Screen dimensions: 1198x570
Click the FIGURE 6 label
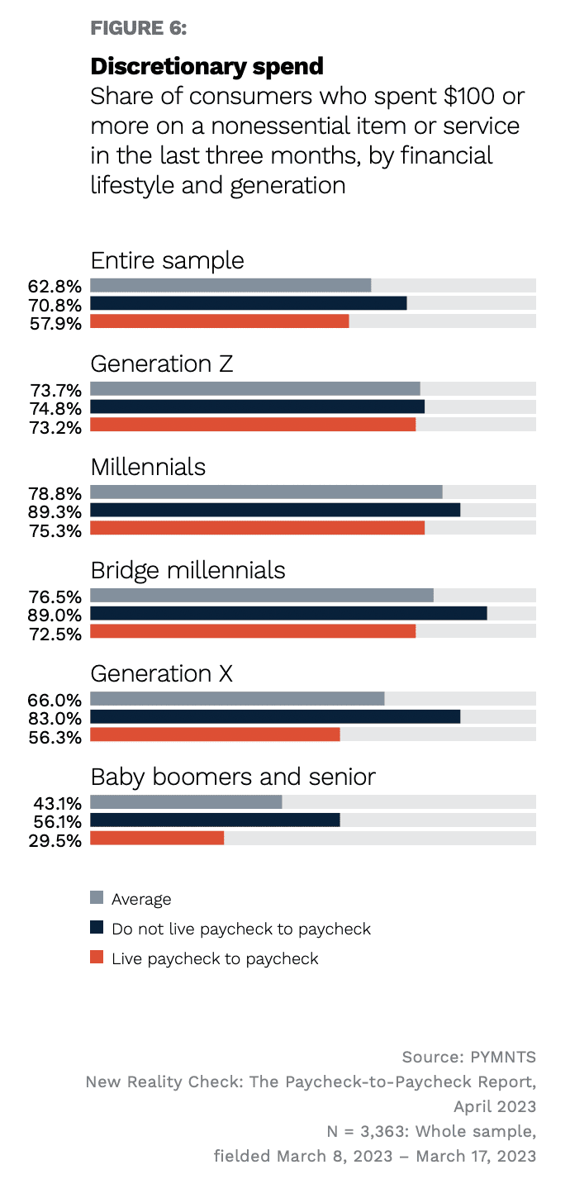click(x=139, y=28)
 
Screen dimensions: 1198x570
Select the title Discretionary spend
click(x=207, y=66)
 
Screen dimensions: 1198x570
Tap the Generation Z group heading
click(x=161, y=364)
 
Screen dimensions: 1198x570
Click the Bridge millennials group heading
click(x=188, y=570)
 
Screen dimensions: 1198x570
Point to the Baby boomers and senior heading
click(x=233, y=777)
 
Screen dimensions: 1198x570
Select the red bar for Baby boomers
click(x=157, y=838)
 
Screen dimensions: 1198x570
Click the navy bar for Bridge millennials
click(x=288, y=613)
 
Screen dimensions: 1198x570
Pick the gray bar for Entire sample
click(x=230, y=285)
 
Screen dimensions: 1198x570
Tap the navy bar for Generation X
click(x=275, y=716)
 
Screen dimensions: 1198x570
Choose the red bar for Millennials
click(x=257, y=528)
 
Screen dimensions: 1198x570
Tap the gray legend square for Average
click(x=97, y=898)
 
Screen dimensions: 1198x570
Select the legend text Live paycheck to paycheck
click(x=215, y=958)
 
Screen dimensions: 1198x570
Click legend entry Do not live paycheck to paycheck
click(x=241, y=929)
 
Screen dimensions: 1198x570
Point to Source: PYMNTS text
click(x=468, y=1057)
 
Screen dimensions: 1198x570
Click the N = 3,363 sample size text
click(x=430, y=1130)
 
